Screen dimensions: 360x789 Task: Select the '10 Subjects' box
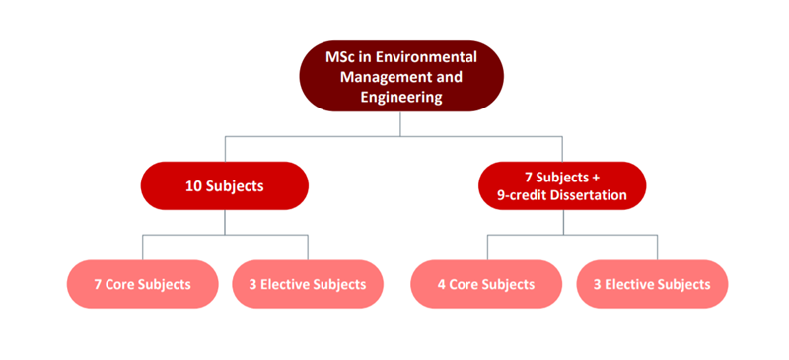[x=225, y=185]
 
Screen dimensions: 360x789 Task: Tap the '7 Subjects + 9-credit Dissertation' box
[x=562, y=185]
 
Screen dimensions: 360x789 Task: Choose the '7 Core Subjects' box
[x=142, y=284]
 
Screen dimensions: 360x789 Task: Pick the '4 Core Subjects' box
[x=485, y=284]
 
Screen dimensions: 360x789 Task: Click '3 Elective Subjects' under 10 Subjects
[x=308, y=284]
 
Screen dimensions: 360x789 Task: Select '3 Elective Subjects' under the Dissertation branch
[x=653, y=284]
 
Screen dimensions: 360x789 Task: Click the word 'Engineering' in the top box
[x=400, y=97]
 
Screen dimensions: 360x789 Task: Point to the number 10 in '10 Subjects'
[x=193, y=185]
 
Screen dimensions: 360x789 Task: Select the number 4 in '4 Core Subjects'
[x=441, y=284]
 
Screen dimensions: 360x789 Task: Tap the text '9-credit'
[x=519, y=194]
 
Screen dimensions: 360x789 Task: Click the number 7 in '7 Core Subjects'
[x=98, y=284]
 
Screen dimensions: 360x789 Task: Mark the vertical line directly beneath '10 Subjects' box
[x=225, y=222]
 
